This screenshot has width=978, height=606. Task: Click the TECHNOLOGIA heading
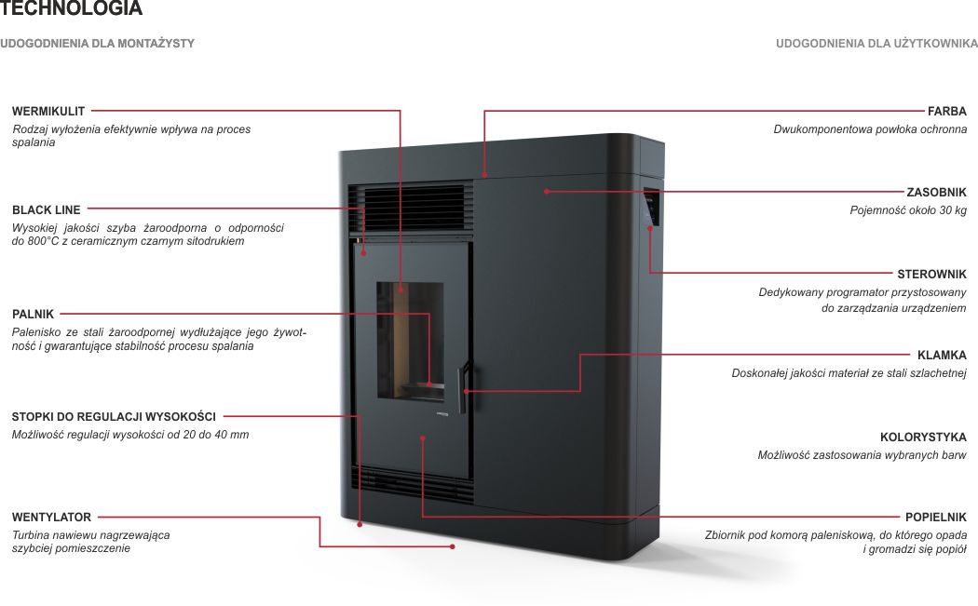71,8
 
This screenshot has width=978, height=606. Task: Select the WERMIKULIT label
48,111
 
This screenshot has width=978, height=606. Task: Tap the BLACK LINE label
47,210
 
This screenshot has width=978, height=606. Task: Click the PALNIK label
33,315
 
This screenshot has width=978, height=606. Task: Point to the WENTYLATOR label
51,517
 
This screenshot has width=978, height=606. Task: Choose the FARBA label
947,111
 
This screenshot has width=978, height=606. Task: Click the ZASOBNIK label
936,192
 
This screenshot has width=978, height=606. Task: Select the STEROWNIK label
931,275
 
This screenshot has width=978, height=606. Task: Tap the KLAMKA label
942,356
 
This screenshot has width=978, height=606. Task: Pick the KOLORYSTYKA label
923,437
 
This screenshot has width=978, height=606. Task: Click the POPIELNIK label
935,517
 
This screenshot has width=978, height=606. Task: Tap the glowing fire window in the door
410,341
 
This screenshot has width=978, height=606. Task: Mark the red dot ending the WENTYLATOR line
452,546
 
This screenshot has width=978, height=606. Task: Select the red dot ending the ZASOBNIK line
547,192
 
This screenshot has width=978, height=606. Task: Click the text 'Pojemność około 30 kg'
908,210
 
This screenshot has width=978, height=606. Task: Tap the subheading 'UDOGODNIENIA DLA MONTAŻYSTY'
97,44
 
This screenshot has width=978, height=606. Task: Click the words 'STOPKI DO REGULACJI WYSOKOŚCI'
114,416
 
